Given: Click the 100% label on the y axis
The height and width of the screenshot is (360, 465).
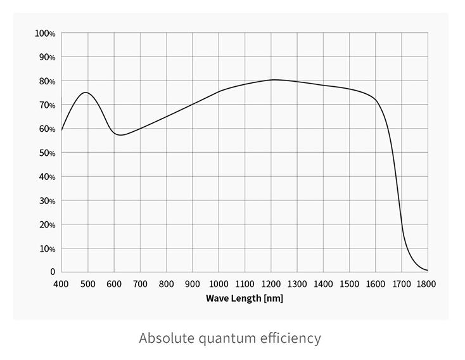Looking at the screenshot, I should (x=45, y=33).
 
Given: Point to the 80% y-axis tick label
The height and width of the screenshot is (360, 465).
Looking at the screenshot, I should (x=47, y=81).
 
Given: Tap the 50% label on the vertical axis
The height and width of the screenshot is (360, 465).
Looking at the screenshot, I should (x=47, y=153).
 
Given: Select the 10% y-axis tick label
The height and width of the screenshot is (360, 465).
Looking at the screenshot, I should (x=47, y=248).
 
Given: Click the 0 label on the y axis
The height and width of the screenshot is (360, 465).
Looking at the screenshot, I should (x=53, y=272).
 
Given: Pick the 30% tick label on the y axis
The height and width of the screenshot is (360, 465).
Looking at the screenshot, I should (x=47, y=201).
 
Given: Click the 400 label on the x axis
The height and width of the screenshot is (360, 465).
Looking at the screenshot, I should (x=61, y=284).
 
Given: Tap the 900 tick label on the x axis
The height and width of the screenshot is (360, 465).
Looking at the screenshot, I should (x=193, y=284).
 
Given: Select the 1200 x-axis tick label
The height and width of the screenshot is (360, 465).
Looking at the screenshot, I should (x=271, y=284).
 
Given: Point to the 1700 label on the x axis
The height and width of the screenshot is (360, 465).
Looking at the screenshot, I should (x=402, y=284).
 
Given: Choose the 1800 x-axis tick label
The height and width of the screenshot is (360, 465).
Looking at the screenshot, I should (x=427, y=284).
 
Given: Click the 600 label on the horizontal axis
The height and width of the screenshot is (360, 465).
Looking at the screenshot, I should (x=114, y=284).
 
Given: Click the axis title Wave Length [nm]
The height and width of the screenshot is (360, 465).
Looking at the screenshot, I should (x=245, y=298).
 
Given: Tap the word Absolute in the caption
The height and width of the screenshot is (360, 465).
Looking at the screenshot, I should (x=167, y=338).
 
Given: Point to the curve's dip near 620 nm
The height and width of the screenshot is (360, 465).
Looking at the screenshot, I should (x=120, y=135).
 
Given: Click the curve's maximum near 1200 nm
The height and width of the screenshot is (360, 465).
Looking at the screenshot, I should (x=273, y=80).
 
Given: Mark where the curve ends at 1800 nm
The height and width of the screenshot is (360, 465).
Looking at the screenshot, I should (x=428, y=271).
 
